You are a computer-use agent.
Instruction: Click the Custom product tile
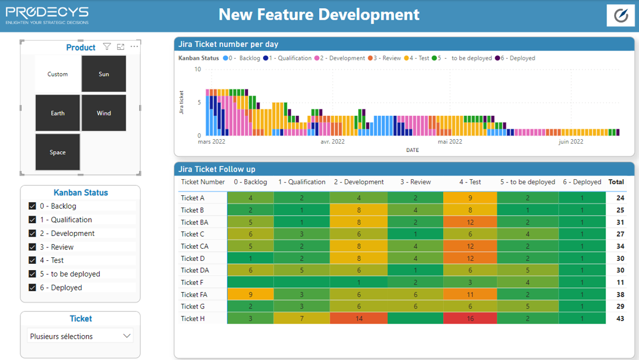tap(57, 74)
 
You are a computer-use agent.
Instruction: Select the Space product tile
tap(57, 152)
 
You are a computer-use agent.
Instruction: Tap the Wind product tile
tap(104, 113)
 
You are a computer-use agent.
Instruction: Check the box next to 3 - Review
tap(32, 246)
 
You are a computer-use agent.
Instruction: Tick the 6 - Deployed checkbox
tap(32, 288)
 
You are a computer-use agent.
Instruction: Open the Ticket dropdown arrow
tap(127, 336)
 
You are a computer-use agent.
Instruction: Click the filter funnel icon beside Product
tap(107, 47)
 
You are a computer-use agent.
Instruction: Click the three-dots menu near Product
tap(134, 46)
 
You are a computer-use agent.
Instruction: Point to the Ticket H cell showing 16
tap(470, 318)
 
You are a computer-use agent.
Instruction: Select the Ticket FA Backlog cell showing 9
tap(250, 294)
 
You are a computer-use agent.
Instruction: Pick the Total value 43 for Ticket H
tap(620, 318)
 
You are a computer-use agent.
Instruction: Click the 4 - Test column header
tap(470, 182)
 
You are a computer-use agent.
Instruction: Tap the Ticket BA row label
tap(195, 222)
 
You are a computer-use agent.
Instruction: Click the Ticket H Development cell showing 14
tap(359, 318)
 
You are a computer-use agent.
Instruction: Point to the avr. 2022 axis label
tap(333, 141)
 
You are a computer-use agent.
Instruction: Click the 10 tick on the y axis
tap(198, 70)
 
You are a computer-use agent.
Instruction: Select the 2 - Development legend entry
tap(339, 58)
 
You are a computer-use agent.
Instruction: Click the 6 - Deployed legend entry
tap(515, 58)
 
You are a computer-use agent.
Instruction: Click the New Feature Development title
tap(319, 14)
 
